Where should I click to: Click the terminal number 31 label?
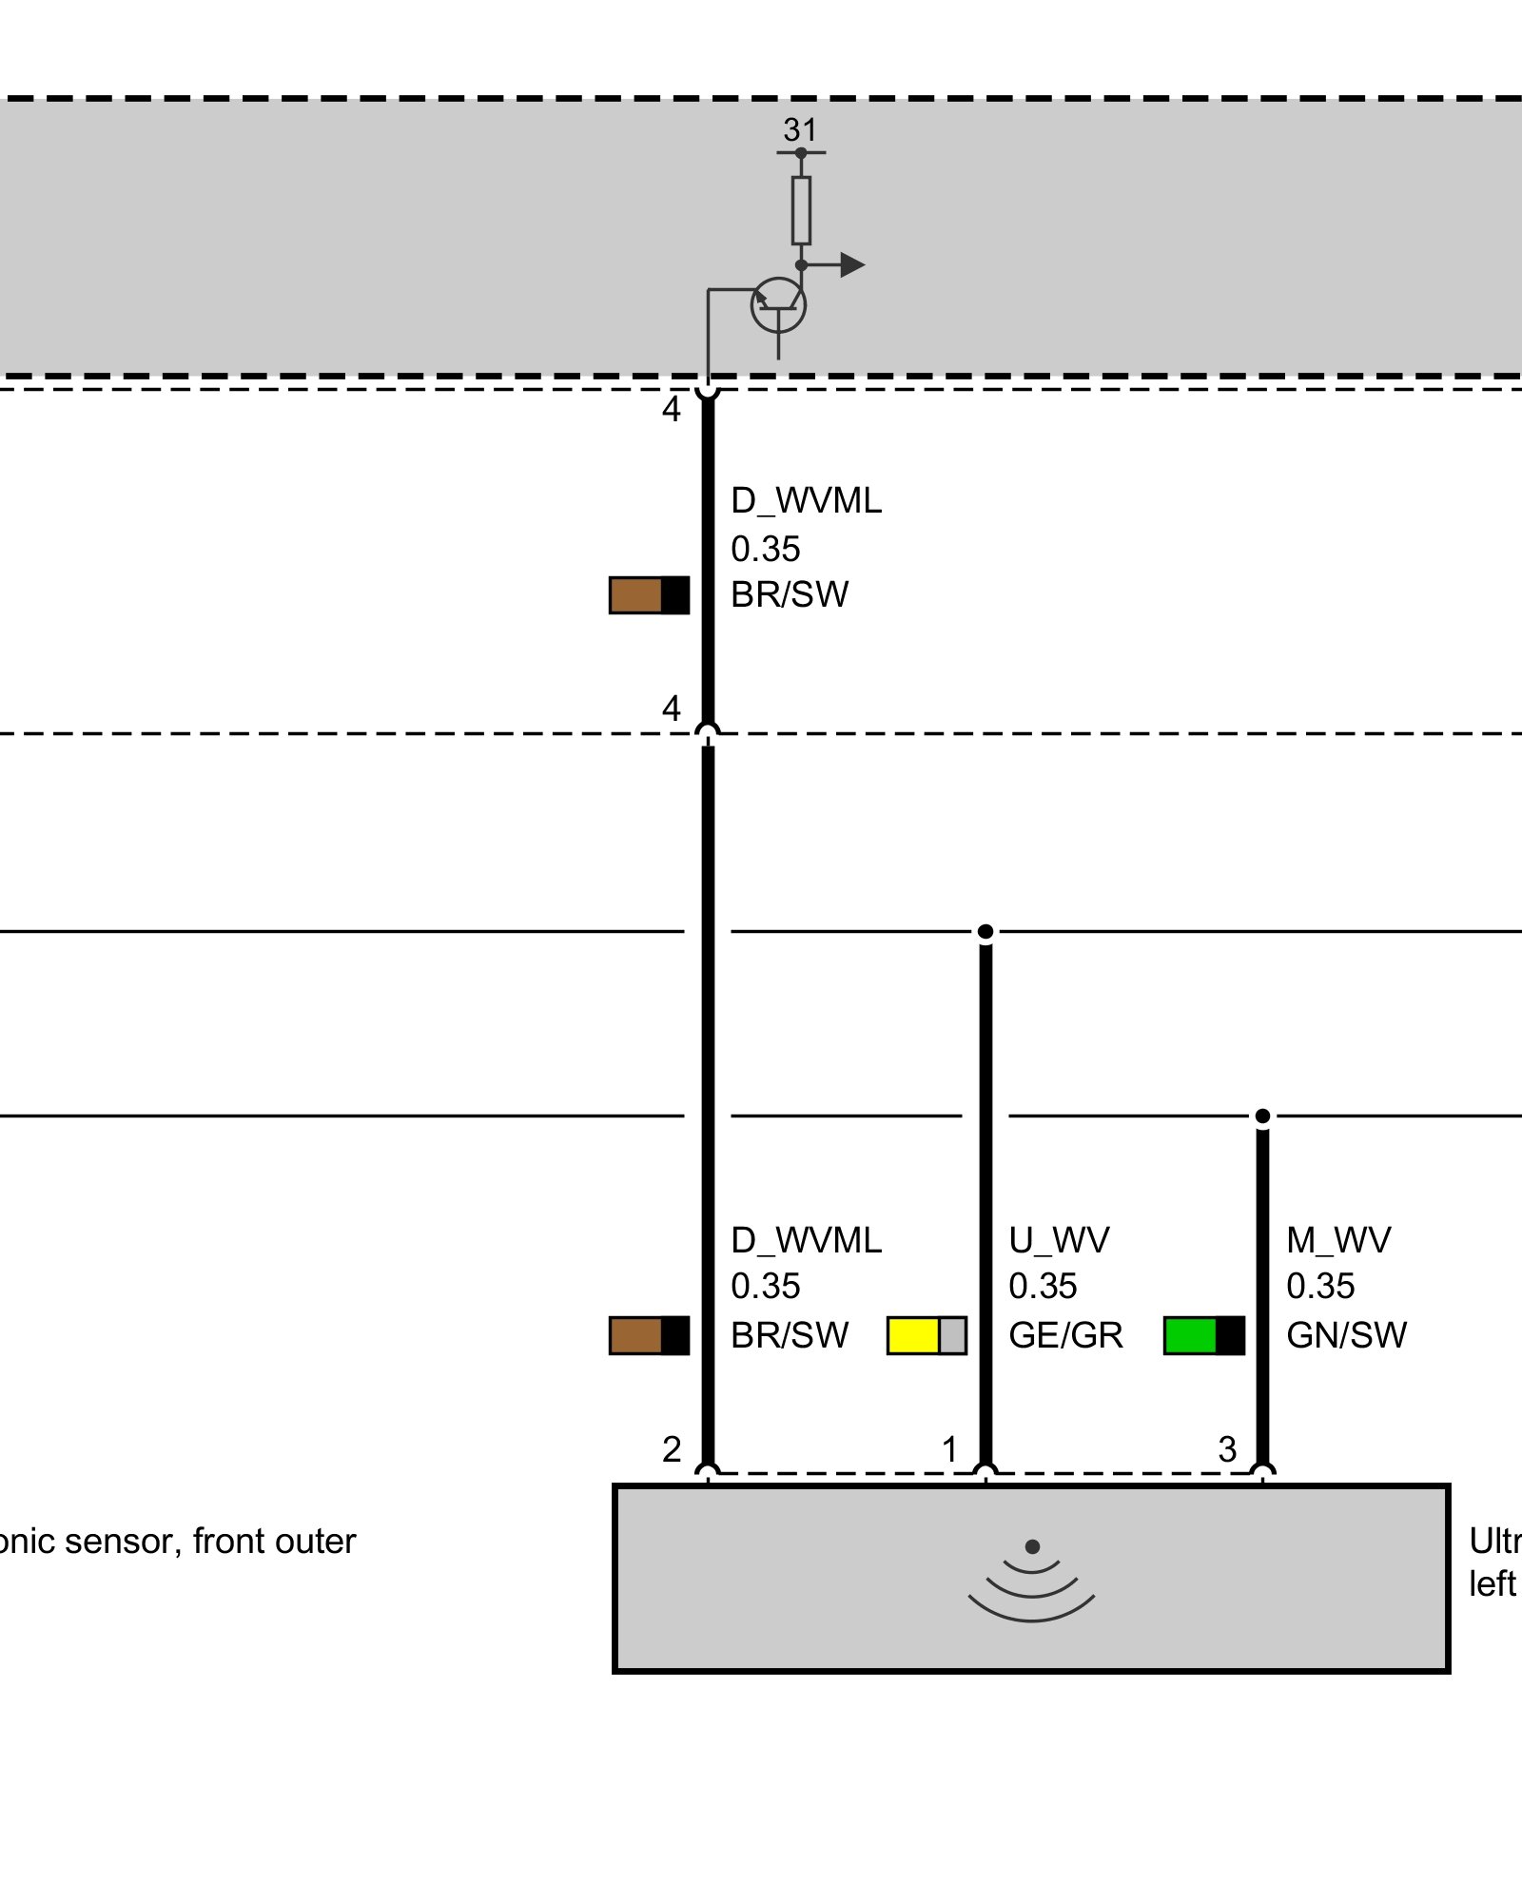[x=800, y=129]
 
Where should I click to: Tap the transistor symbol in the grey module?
[x=778, y=306]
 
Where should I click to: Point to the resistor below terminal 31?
[x=801, y=210]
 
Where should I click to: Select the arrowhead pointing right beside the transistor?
[x=852, y=265]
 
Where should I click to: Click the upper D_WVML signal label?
[x=806, y=500]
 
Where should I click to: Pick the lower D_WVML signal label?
[x=806, y=1240]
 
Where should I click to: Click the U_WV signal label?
[x=1059, y=1240]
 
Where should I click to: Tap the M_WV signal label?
[x=1338, y=1240]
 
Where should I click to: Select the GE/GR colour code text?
[x=1065, y=1335]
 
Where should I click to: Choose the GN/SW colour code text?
[x=1346, y=1335]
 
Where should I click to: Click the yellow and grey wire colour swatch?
[x=927, y=1335]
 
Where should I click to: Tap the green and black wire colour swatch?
[x=1204, y=1335]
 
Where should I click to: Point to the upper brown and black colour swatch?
[x=649, y=595]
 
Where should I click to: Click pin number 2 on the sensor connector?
[x=672, y=1449]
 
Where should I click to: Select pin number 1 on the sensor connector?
[x=949, y=1449]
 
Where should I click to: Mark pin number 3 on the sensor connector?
[x=1227, y=1449]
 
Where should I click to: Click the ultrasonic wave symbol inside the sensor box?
[x=1031, y=1582]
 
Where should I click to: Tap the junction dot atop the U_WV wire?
[x=985, y=931]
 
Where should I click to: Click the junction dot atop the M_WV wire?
[x=1262, y=1116]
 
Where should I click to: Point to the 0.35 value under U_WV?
[x=1043, y=1287]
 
